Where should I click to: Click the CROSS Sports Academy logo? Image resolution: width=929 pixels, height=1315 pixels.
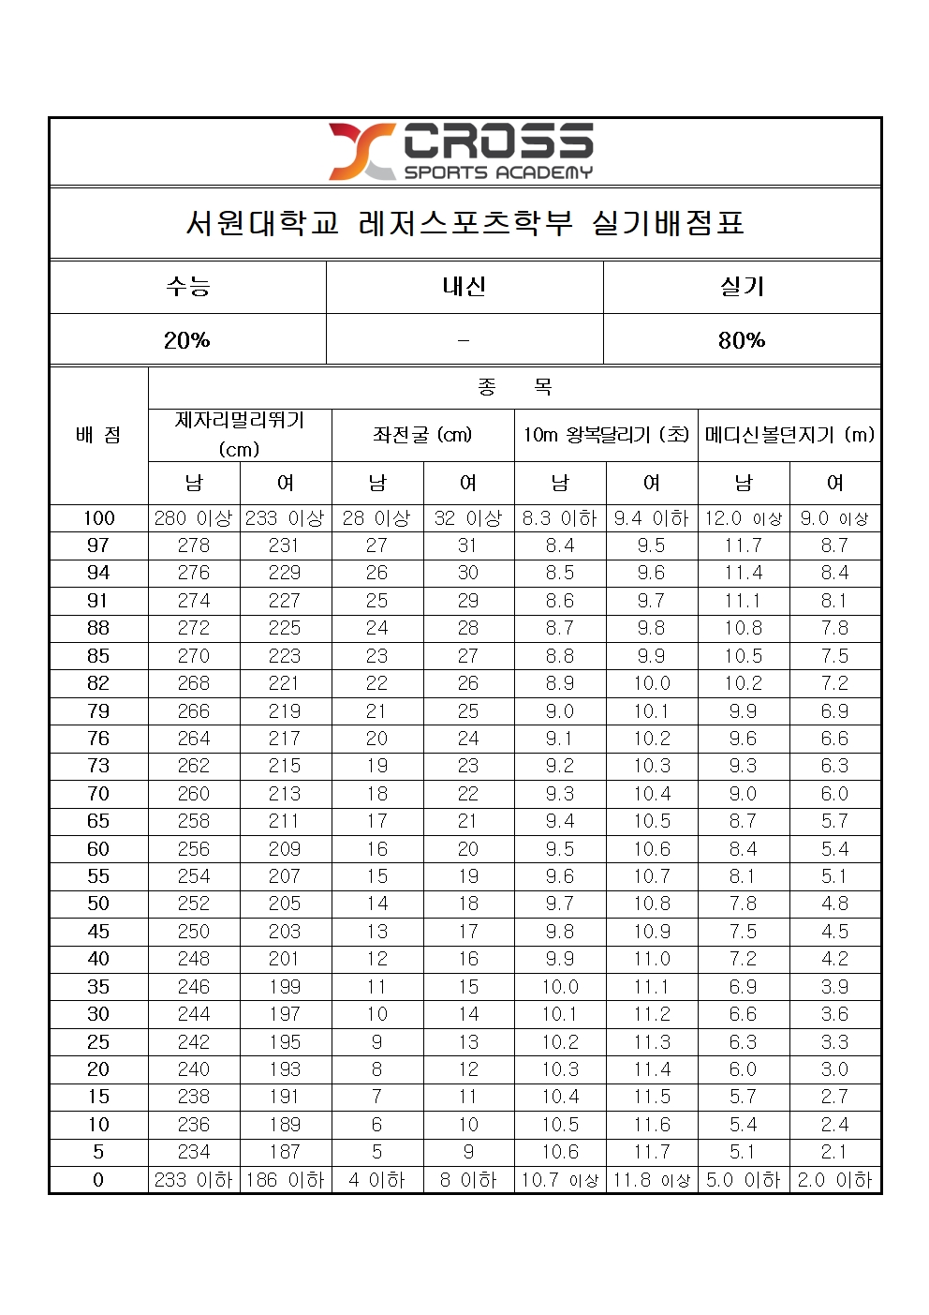point(461,151)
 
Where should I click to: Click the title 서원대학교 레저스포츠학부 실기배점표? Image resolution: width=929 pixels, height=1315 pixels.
point(464,223)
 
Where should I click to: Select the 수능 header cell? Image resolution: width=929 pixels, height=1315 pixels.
point(187,287)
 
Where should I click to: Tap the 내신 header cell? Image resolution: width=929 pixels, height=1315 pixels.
point(464,287)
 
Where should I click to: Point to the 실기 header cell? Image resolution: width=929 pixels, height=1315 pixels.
point(742,287)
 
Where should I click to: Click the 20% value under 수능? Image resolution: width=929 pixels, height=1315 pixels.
point(187,340)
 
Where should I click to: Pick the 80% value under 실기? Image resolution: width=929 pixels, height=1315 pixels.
point(742,340)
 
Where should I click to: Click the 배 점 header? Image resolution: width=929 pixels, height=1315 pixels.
point(98,435)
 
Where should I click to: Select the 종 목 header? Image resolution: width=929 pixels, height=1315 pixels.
point(514,387)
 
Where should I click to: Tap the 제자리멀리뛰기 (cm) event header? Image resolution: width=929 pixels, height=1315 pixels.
point(240,434)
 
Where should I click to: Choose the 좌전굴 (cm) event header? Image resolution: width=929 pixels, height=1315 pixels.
point(422,435)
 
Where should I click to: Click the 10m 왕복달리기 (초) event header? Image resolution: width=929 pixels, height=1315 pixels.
point(606,435)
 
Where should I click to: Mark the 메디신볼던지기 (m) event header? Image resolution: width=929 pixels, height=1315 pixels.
point(789,435)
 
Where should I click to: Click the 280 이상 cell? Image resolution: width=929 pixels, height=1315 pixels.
point(194,518)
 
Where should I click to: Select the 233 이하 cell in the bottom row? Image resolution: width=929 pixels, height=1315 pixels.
point(194,1180)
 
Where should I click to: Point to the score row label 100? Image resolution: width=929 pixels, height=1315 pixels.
point(98,518)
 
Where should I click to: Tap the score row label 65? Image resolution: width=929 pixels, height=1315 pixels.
point(98,821)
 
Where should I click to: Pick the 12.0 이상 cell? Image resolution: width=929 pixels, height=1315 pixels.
point(744,518)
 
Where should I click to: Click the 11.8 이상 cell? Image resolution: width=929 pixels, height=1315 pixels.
point(652,1180)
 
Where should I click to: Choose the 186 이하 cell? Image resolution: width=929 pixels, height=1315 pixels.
point(285,1180)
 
